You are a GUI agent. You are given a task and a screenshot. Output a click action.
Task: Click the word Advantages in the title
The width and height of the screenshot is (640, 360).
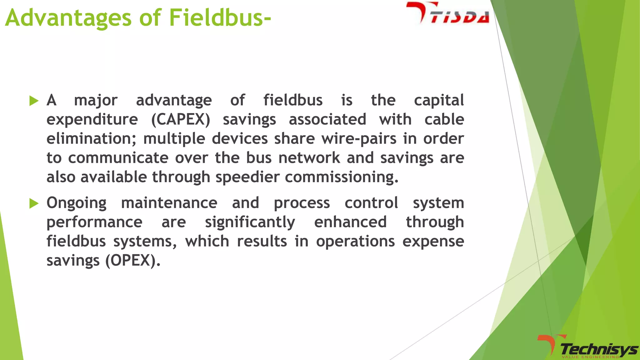point(68,18)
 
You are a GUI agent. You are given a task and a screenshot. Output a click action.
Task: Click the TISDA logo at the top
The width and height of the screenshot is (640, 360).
point(448,13)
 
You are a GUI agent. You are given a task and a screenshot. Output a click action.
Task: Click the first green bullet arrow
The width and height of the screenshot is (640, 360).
point(34,101)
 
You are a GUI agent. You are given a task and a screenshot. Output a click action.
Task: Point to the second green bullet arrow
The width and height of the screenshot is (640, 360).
point(34,203)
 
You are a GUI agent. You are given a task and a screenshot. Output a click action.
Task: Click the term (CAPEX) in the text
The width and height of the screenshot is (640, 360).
point(181,120)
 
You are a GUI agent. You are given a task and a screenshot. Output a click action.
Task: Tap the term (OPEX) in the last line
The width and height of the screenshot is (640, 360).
point(133,261)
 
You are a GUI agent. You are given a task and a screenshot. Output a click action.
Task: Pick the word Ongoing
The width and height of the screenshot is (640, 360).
point(77,203)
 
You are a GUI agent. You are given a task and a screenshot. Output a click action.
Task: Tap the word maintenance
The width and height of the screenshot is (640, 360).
point(169,203)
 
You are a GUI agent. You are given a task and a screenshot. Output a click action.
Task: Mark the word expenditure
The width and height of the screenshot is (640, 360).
point(92,120)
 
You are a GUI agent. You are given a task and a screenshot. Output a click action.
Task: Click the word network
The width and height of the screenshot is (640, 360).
point(309,158)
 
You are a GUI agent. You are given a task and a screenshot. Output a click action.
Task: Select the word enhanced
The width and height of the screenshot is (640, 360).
point(350,222)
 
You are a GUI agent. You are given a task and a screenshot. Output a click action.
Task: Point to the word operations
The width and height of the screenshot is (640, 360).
point(355,242)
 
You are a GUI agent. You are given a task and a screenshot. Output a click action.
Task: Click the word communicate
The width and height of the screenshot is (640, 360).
point(118,158)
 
